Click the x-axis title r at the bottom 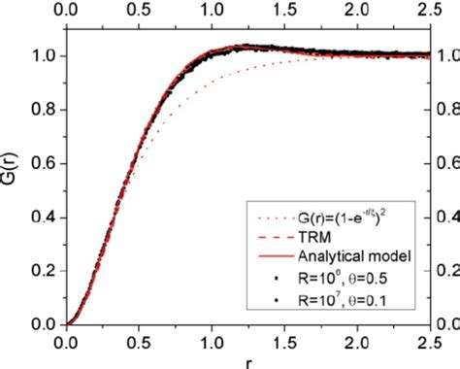[247, 362]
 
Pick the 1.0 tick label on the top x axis [212, 11]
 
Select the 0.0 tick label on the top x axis [66, 11]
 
